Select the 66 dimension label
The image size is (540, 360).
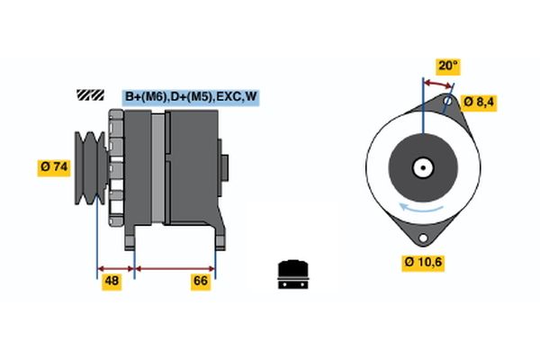200,281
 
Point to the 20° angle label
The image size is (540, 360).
447,66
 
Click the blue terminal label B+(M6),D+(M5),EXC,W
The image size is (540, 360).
191,96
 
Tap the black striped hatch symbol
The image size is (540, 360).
91,94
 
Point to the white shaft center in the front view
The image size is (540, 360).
421,166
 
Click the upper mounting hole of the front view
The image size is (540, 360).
447,101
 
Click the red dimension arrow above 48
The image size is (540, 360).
115,267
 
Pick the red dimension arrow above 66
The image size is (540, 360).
175,267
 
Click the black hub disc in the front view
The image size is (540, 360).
421,166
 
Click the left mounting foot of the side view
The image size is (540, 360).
131,238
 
